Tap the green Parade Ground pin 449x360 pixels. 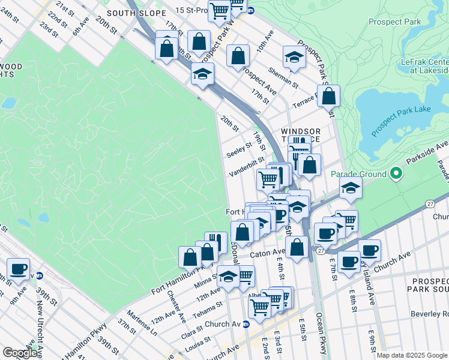coord(396,175)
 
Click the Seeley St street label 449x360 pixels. coord(239,150)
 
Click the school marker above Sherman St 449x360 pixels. coord(294,57)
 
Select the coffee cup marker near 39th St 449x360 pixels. coord(18,269)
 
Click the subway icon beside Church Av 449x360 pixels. coord(246,325)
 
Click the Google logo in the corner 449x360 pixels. coord(19,353)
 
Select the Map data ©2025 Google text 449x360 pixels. coord(411,355)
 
